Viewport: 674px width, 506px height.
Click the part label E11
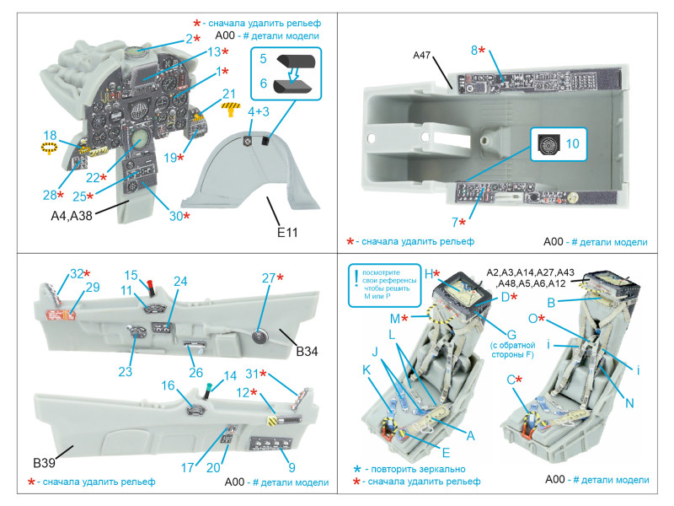pos(287,233)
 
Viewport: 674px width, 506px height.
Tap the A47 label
pos(421,55)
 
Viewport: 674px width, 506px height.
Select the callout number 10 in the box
pos(572,143)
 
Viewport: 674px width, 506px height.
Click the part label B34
pos(307,352)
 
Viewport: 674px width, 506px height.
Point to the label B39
pos(44,463)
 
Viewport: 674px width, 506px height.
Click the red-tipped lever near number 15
pos(152,288)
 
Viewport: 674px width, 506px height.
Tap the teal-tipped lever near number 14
pos(208,390)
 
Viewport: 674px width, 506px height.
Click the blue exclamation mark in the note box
pos(356,279)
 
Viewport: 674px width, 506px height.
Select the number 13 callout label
pos(214,52)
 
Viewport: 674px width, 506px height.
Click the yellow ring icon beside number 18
pos(49,148)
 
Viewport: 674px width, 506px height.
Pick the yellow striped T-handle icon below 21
pos(231,109)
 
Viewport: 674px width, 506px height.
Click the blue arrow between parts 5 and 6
pos(293,74)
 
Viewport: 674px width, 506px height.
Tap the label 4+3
pos(259,111)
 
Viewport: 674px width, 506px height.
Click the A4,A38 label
pos(72,215)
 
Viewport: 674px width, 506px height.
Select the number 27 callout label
pos(269,278)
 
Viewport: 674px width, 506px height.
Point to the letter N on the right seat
pos(629,403)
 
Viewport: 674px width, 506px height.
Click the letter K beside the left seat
pos(366,370)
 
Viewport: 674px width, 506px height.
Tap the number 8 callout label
pos(474,51)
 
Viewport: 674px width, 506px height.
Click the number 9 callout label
pos(292,467)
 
